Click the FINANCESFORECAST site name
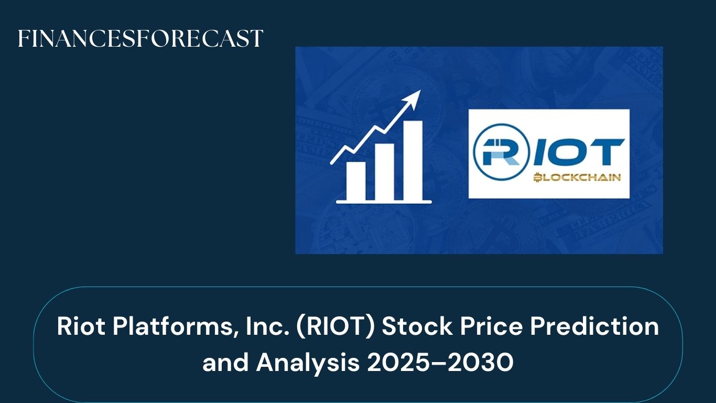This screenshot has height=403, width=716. pos(140,39)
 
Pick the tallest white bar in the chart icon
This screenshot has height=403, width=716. pos(413,160)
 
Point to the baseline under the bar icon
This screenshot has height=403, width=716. pos(384,201)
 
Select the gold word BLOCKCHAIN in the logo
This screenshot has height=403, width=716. pos(577,178)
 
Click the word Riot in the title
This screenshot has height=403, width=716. pos(78,327)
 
